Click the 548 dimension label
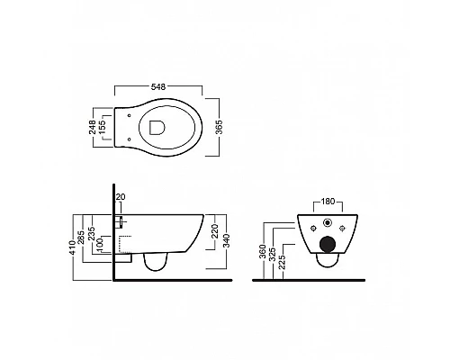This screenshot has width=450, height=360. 158,86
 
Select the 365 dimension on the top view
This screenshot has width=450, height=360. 220,127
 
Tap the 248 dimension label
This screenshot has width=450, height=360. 93,127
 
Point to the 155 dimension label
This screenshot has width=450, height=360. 103,127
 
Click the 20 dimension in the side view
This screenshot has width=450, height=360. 121,197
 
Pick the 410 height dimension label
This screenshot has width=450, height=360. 73,247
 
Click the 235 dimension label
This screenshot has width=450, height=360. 92,233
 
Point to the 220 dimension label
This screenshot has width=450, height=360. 215,231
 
